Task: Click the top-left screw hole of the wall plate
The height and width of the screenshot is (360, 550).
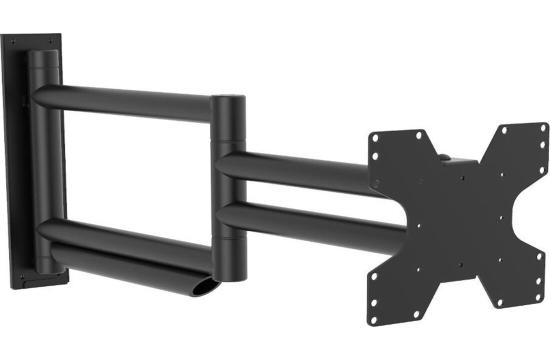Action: [x=13, y=40]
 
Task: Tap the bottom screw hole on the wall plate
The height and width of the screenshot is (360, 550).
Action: [x=22, y=276]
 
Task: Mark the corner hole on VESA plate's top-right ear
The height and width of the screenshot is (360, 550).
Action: [x=543, y=127]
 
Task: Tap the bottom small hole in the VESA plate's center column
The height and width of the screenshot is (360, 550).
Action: [x=459, y=264]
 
